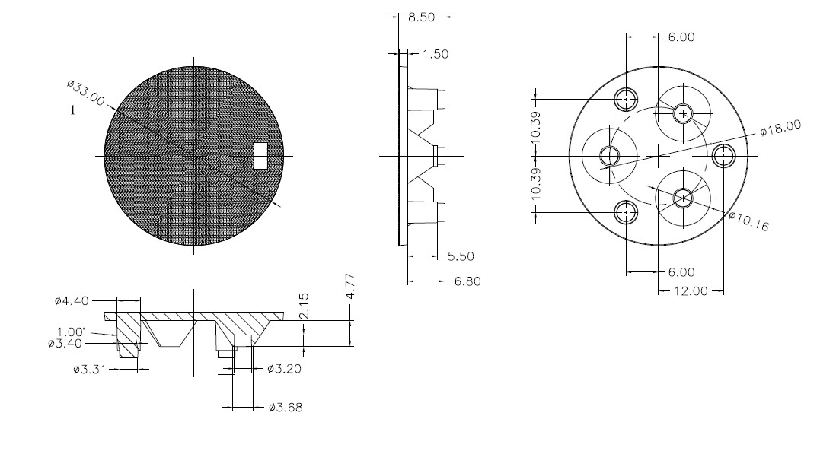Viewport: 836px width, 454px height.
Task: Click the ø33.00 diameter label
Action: (x=86, y=93)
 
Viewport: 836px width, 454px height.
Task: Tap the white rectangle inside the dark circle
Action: (x=260, y=155)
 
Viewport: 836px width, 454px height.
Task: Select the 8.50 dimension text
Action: (x=421, y=17)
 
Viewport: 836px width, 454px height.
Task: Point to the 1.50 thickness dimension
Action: (x=436, y=54)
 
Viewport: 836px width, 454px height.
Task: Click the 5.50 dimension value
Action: (x=461, y=256)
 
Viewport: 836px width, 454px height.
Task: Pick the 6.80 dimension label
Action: (x=467, y=281)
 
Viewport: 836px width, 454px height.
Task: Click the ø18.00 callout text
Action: (x=780, y=128)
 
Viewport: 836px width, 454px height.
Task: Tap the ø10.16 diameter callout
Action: (x=749, y=221)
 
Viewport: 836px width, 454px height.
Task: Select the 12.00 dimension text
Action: (x=691, y=291)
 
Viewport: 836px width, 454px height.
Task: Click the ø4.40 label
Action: (x=72, y=300)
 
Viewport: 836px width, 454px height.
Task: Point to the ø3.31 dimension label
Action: (x=90, y=369)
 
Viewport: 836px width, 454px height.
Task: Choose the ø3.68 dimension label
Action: (x=286, y=408)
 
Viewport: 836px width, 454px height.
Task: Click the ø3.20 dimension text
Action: (x=284, y=368)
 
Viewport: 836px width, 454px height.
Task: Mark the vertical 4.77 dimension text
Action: (x=350, y=287)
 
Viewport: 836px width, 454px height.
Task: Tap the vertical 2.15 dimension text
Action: (x=304, y=306)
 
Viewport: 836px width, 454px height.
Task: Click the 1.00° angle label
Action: (x=72, y=332)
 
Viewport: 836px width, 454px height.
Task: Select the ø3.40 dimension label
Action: (x=65, y=343)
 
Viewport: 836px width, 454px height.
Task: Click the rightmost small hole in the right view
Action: (x=723, y=156)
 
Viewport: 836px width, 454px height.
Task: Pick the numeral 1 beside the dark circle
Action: (x=72, y=110)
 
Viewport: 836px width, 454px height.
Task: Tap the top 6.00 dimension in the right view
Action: (x=681, y=37)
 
